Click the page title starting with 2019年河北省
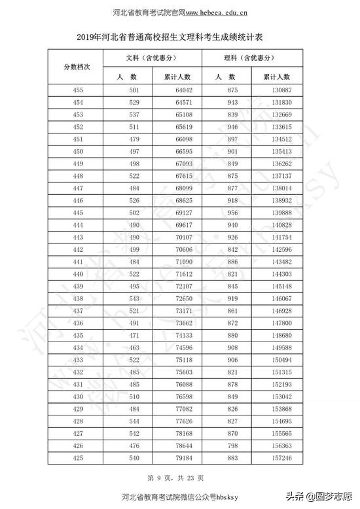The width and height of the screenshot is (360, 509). click(179, 38)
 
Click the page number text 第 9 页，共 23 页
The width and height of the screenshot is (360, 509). click(179, 478)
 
